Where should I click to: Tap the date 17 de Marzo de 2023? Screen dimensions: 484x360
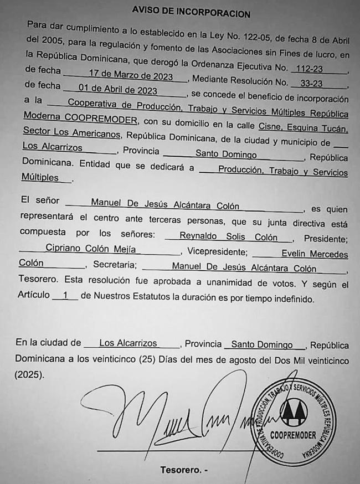pos(126,78)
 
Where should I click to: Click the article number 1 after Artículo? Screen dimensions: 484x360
pos(65,296)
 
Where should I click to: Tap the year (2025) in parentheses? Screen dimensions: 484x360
pos(29,374)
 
